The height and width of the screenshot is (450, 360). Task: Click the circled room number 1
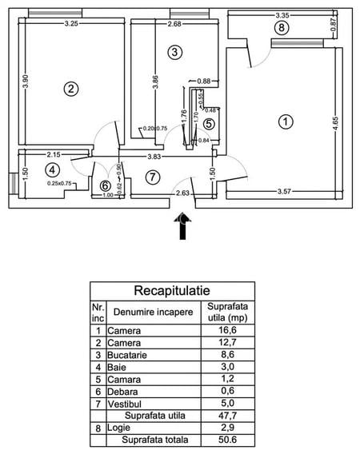pos(284,122)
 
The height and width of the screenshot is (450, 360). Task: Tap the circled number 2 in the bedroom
pos(71,90)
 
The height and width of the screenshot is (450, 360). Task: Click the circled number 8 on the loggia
pos(279,28)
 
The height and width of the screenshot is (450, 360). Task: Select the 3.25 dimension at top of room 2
pos(71,24)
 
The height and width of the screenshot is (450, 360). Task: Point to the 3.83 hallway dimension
pos(154,157)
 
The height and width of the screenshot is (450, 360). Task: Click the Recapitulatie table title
pos(172,290)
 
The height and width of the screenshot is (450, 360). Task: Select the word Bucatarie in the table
pos(129,356)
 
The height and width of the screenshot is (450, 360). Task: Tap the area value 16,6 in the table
pos(230,329)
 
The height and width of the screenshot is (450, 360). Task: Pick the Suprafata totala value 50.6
pos(230,440)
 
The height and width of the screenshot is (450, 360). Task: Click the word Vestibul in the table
pos(126,404)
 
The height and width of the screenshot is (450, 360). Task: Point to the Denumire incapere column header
pos(153,311)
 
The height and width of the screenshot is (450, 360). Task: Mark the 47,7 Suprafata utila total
pos(230,416)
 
